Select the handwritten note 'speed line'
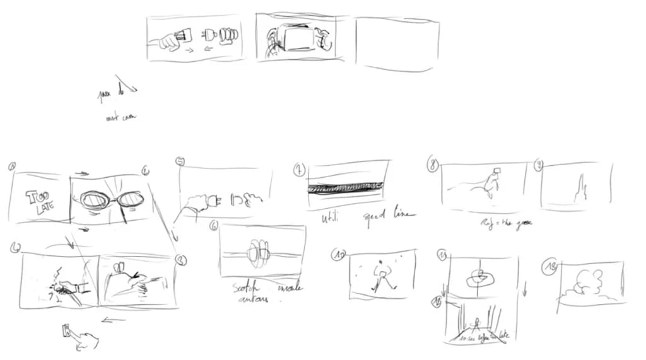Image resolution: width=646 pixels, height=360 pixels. (x=389, y=215)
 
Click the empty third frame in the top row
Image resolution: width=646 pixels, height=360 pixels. (x=396, y=43)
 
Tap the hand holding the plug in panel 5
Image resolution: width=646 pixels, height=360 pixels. (x=192, y=204)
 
